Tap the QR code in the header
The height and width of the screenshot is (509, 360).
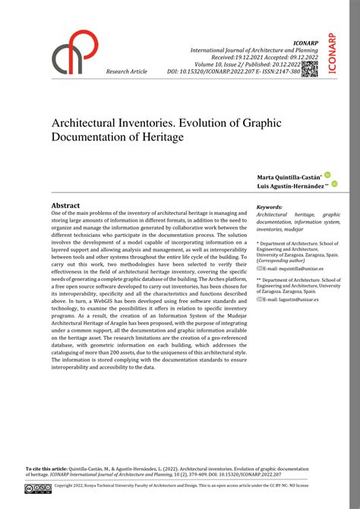[309, 68]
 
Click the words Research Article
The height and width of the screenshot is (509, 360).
[127, 71]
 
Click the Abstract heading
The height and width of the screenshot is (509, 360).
[65, 205]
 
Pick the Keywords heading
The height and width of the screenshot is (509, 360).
[270, 207]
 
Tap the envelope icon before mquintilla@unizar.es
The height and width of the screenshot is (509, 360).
[260, 268]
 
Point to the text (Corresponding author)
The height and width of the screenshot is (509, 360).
[280, 261]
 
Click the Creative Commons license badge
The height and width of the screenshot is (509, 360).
[38, 488]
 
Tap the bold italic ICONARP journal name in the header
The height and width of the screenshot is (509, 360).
[303, 43]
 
